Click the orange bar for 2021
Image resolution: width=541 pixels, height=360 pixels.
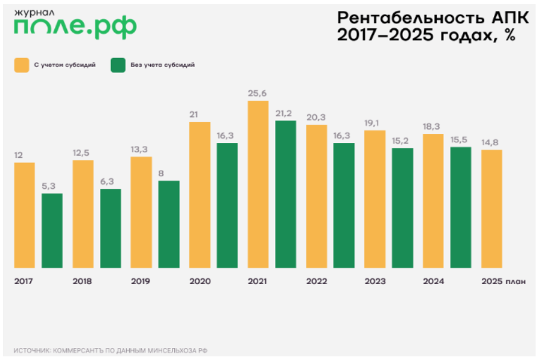click(x=258, y=184)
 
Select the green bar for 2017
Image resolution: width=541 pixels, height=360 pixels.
click(x=52, y=230)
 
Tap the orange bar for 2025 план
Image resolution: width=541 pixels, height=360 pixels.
click(x=492, y=209)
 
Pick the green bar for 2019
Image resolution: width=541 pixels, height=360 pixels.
click(x=169, y=224)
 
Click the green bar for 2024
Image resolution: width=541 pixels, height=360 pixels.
click(x=461, y=207)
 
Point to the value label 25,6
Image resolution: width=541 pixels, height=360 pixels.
click(x=258, y=93)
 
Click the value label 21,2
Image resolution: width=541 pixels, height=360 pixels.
click(x=285, y=113)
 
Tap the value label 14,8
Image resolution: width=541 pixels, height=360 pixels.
click(x=492, y=143)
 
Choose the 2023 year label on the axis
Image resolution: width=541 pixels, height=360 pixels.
click(x=375, y=281)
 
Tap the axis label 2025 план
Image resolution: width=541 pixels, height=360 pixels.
click(x=503, y=281)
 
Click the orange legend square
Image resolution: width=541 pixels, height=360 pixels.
click(x=22, y=65)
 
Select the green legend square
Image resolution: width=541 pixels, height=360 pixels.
click(x=118, y=65)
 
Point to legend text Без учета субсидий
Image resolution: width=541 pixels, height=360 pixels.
click(x=162, y=65)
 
